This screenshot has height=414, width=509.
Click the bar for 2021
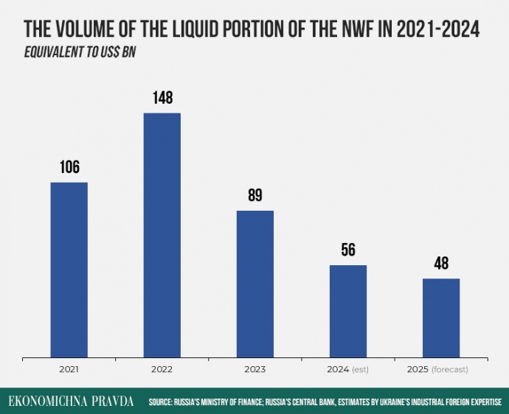click(x=69, y=270)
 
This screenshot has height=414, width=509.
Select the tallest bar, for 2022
click(x=162, y=235)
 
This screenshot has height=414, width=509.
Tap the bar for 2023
click(x=254, y=284)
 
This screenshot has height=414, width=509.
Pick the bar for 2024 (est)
click(x=347, y=311)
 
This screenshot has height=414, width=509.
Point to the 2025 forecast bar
click(x=440, y=317)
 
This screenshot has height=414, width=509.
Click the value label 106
click(x=69, y=166)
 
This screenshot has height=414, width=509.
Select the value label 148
click(x=162, y=97)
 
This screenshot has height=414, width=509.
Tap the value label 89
click(x=254, y=195)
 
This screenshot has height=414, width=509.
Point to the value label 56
click(x=347, y=250)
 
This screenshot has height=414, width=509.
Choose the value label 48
click(x=440, y=263)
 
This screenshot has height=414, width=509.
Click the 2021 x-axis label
click(x=69, y=368)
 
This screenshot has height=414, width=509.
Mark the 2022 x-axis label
click(x=162, y=368)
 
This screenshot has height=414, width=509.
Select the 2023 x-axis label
click(x=254, y=368)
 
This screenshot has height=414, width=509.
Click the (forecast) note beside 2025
click(x=449, y=368)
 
